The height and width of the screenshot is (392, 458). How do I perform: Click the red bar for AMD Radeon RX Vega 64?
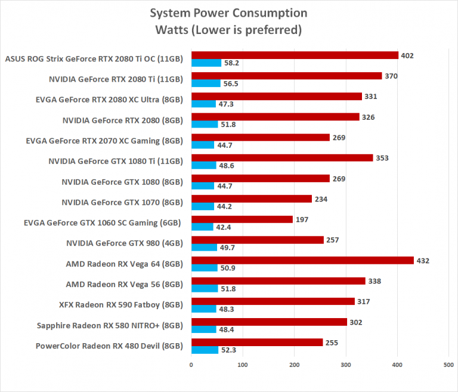[302, 260]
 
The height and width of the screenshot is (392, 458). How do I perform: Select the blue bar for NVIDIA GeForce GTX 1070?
[202, 207]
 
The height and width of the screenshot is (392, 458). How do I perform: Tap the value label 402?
[408, 55]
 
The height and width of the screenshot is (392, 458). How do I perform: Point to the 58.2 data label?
[230, 63]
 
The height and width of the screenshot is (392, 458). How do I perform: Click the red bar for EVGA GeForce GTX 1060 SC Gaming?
[242, 219]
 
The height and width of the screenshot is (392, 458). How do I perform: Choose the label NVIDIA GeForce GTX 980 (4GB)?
[124, 243]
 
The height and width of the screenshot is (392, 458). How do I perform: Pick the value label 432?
[423, 260]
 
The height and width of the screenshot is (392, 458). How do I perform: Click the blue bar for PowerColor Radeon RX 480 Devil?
[205, 350]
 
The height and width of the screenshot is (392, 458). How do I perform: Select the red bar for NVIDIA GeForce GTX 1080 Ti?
[282, 158]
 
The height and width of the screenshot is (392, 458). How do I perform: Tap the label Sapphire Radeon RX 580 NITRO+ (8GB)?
[110, 325]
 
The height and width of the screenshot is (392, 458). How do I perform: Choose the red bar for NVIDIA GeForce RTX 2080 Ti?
[286, 76]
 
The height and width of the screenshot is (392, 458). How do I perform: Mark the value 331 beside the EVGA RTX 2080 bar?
[371, 97]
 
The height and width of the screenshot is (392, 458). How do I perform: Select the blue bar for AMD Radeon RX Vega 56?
[205, 288]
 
